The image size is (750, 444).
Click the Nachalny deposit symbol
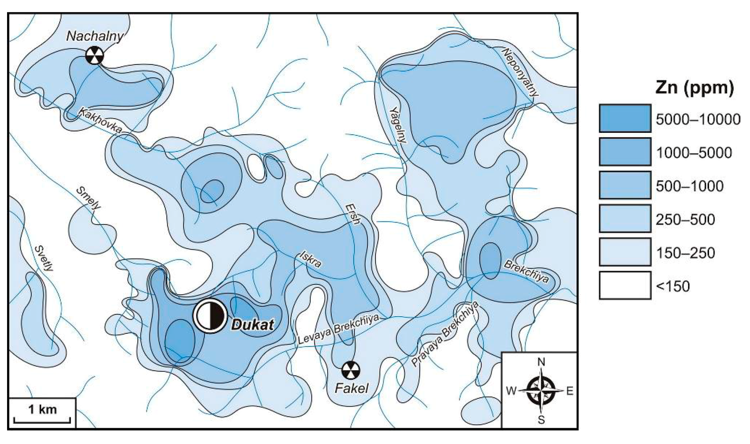(95, 55)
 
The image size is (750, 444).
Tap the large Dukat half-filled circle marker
(211, 316)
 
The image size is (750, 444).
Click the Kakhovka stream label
(101, 120)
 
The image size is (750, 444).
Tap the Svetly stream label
(44, 258)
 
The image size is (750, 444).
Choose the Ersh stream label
(353, 214)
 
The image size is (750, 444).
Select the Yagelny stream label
(398, 125)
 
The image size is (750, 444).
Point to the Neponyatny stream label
(521, 72)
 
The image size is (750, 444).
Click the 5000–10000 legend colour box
(625, 118)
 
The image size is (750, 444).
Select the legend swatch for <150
(625, 285)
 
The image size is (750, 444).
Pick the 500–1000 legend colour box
(625, 185)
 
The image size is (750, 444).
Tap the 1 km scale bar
(42, 420)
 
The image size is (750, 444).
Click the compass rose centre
(541, 391)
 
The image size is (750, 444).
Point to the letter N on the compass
(541, 362)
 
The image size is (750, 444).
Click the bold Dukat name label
(253, 325)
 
